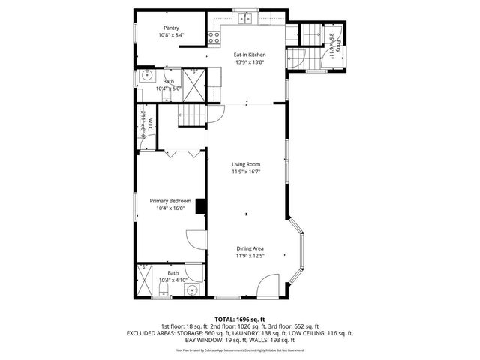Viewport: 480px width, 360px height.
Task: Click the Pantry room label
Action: coord(171,28)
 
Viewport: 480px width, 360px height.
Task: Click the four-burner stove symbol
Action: coord(214,37)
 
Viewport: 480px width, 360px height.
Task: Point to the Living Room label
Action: coord(245,164)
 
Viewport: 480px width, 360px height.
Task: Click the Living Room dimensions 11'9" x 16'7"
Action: coord(245,172)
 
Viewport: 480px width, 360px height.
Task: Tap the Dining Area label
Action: coord(250,249)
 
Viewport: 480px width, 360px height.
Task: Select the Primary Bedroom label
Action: coord(170,201)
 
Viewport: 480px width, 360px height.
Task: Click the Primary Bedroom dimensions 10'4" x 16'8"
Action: coord(170,208)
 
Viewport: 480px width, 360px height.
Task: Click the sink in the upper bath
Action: coord(145,76)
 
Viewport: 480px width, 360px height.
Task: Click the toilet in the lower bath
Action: coord(163,288)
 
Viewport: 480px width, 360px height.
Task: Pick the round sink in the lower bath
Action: coord(191,288)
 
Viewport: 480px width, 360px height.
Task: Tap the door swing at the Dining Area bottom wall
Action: coord(268,285)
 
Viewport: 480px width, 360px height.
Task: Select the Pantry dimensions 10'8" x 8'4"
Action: coord(171,35)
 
